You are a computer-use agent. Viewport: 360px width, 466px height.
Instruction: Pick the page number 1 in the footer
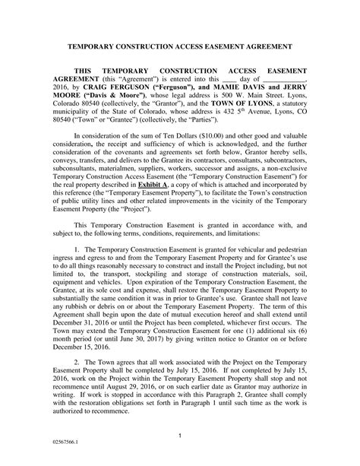(x=180, y=435)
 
